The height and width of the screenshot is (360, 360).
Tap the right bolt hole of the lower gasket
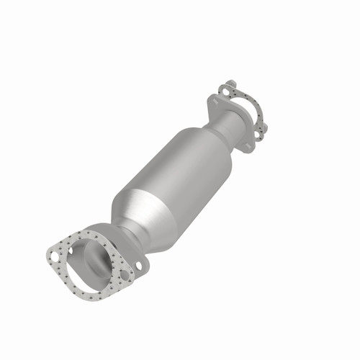pos(126,275)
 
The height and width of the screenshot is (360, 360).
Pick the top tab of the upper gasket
pos(228,86)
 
